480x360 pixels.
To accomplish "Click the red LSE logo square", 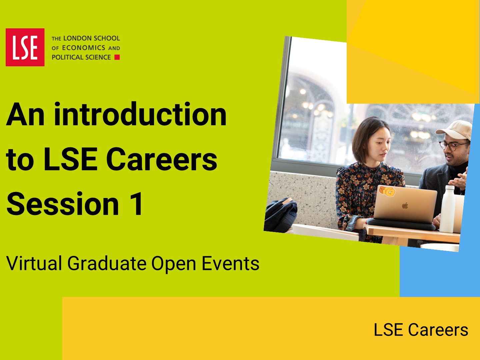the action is (25, 47).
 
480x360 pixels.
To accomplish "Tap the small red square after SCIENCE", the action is (117, 57).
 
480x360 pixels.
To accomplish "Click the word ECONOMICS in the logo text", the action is (84, 48).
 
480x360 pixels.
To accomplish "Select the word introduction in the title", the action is (140, 114).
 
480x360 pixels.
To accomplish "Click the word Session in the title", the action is (63, 204).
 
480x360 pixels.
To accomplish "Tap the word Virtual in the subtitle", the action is (34, 263).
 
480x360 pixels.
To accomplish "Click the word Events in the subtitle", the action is (230, 263).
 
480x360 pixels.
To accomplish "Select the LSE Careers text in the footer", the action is (421, 330).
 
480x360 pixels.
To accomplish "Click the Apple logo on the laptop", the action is (405, 206).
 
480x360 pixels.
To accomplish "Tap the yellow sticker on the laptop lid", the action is (387, 191).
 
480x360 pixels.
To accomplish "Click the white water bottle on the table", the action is (447, 209).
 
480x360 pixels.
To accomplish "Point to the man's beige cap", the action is (455, 130).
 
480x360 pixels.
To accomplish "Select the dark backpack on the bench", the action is (281, 215).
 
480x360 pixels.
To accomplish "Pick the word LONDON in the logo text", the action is (78, 38).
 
